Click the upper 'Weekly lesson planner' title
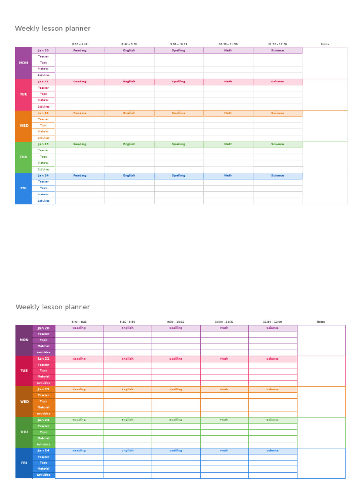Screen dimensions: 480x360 (x=52, y=29)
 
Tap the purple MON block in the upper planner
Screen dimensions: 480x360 (x=23, y=63)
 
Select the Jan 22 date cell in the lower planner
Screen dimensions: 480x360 (x=44, y=390)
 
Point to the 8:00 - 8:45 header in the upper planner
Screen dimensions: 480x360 (x=80, y=44)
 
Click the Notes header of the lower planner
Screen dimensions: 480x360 (x=321, y=322)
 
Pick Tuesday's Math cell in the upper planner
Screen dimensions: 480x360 (x=228, y=82)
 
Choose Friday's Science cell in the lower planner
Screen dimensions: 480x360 (x=272, y=451)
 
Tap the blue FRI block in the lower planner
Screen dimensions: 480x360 (x=24, y=463)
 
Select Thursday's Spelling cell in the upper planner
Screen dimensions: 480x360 (x=179, y=144)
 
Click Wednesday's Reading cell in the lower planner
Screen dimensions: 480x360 (x=79, y=390)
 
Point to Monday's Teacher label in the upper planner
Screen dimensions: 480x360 (x=44, y=56)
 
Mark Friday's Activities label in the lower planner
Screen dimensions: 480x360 (x=44, y=475)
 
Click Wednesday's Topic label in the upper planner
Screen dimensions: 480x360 (x=44, y=125)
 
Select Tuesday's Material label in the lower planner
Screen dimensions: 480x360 (x=44, y=377)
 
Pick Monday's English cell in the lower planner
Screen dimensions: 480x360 (x=127, y=328)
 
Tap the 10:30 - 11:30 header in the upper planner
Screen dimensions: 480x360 (x=228, y=44)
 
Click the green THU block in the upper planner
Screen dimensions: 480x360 (x=23, y=157)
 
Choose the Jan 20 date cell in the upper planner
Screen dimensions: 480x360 (x=44, y=50)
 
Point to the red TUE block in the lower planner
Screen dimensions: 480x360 (x=24, y=371)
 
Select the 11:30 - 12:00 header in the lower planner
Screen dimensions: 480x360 (x=272, y=322)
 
